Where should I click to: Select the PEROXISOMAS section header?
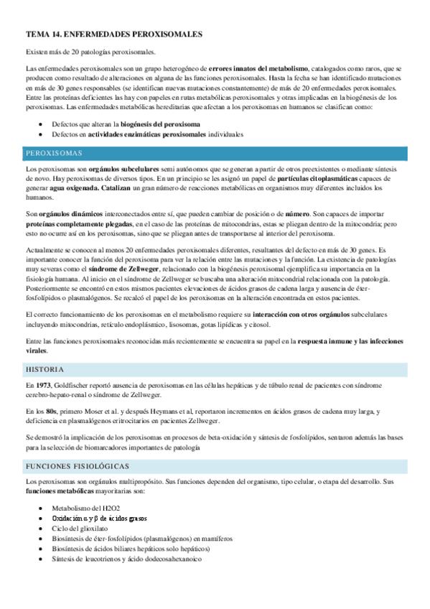(x=54, y=153)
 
